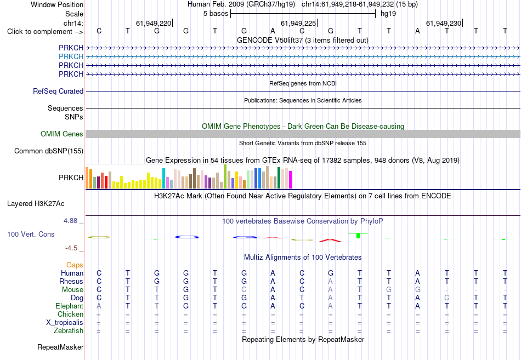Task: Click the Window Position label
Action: click(57, 4)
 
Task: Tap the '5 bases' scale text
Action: click(216, 14)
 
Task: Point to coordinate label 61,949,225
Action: click(298, 23)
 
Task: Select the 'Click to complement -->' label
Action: click(45, 32)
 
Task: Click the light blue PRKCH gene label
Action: click(71, 56)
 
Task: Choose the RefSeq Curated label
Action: click(58, 91)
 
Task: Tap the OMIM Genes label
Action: click(62, 134)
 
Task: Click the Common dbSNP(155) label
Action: click(49, 151)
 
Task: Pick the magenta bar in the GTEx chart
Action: click(291, 180)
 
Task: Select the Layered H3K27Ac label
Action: click(36, 204)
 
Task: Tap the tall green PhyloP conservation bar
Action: click(358, 236)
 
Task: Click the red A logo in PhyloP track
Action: click(331, 241)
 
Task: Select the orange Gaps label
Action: click(75, 265)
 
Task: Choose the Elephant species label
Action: click(70, 306)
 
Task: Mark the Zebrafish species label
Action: click(69, 330)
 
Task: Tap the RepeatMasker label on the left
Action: click(60, 347)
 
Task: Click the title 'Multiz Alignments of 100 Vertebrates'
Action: click(303, 257)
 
